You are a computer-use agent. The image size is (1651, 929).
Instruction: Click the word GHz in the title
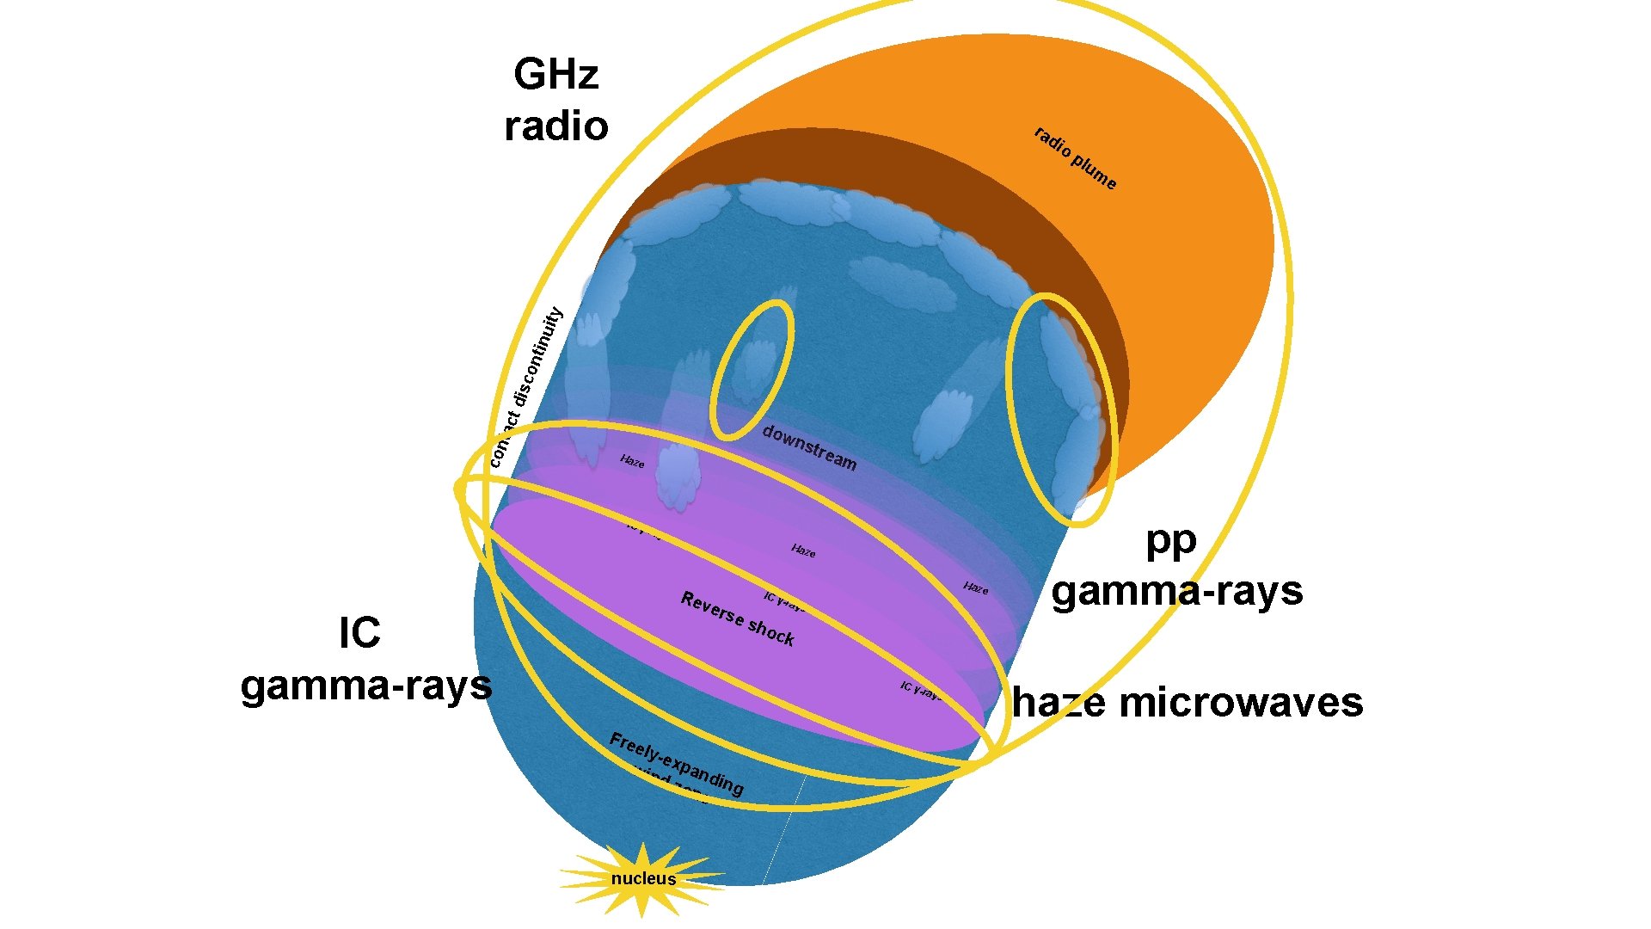pyautogui.click(x=555, y=75)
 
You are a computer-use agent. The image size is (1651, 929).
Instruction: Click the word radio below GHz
pyautogui.click(x=556, y=126)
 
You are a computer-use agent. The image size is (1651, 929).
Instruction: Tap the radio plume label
pyautogui.click(x=1075, y=158)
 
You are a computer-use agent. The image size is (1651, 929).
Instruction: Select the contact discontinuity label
pyautogui.click(x=525, y=387)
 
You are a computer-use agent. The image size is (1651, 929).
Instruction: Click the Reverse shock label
pyautogui.click(x=738, y=618)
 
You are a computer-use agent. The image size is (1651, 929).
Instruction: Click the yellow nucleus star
pyautogui.click(x=643, y=878)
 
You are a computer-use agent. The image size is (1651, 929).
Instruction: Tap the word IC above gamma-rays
pyautogui.click(x=359, y=634)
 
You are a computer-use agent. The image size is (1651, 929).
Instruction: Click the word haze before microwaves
pyautogui.click(x=1059, y=703)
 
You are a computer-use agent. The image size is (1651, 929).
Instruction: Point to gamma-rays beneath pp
pyautogui.click(x=1177, y=592)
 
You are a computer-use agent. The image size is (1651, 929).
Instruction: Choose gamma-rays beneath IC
pyautogui.click(x=366, y=686)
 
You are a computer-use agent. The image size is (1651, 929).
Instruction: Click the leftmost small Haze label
pyautogui.click(x=632, y=462)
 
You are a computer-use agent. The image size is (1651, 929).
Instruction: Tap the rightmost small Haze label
pyautogui.click(x=976, y=588)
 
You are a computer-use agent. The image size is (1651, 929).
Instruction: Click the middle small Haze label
pyautogui.click(x=803, y=551)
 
